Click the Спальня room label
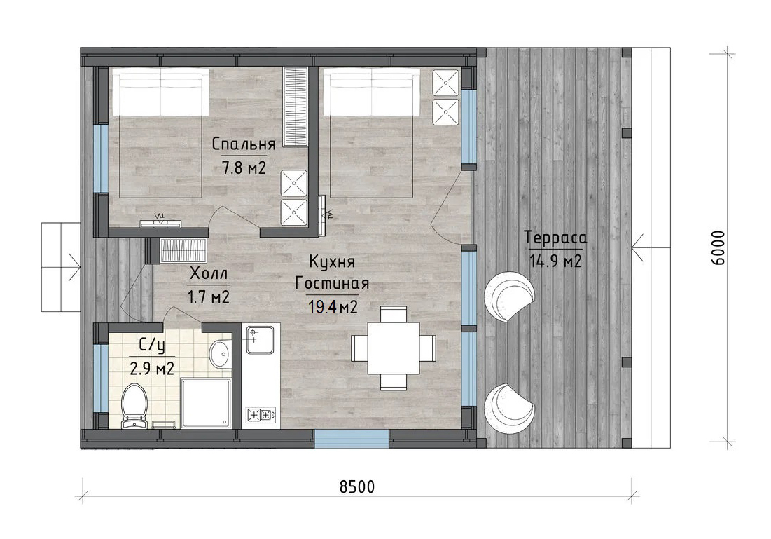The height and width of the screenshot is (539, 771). point(244,144)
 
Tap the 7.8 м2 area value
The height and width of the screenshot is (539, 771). point(244,168)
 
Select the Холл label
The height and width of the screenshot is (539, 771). point(209,274)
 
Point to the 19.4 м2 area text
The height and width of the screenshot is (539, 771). point(333,307)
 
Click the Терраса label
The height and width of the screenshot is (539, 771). point(555,238)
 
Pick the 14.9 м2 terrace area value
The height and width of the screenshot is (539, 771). point(555,261)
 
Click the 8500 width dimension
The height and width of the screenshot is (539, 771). point(357,487)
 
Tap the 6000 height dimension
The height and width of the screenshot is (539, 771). point(718,247)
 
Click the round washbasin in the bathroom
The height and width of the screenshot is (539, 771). point(221,353)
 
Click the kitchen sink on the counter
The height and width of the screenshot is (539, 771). point(260,339)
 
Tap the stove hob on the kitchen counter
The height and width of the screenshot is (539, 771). point(261,415)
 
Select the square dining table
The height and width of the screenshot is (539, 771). point(394,348)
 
